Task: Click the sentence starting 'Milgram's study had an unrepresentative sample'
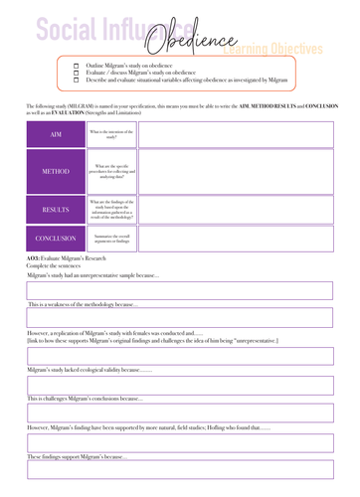pyautogui.click(x=93, y=274)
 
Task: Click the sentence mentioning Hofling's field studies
pyautogui.click(x=148, y=426)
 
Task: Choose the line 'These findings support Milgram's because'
pyautogui.click(x=79, y=456)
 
